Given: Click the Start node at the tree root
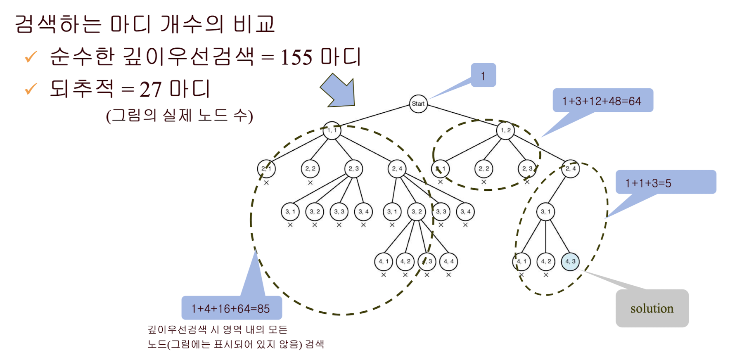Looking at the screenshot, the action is (x=418, y=104).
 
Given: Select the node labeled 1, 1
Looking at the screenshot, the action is (x=332, y=130).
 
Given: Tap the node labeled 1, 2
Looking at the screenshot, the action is (x=505, y=130).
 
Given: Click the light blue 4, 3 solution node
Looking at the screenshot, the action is (x=570, y=261).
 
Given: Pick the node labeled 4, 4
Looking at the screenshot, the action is (x=448, y=261).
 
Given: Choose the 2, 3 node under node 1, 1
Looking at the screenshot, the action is (x=353, y=168).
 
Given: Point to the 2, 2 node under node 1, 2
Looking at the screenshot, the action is (x=484, y=168).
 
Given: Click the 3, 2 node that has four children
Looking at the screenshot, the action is (x=417, y=211).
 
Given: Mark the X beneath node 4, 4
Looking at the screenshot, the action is (x=448, y=275).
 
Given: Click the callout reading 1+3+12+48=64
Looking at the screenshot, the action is (x=602, y=100).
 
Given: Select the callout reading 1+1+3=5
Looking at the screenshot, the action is (x=665, y=182).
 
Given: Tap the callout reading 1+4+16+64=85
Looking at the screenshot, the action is (x=231, y=308).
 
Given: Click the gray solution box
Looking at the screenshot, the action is (x=652, y=308).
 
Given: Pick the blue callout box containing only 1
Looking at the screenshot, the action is (x=483, y=75).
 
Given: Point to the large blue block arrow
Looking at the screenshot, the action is (x=339, y=91).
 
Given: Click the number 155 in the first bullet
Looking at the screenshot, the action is (x=296, y=57).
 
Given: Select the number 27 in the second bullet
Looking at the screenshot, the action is (x=150, y=89).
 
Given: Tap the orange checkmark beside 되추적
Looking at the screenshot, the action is (x=31, y=89).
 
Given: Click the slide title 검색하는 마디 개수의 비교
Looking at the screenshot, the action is (x=145, y=24).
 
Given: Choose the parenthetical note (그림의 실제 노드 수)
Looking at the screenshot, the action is (x=179, y=116).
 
